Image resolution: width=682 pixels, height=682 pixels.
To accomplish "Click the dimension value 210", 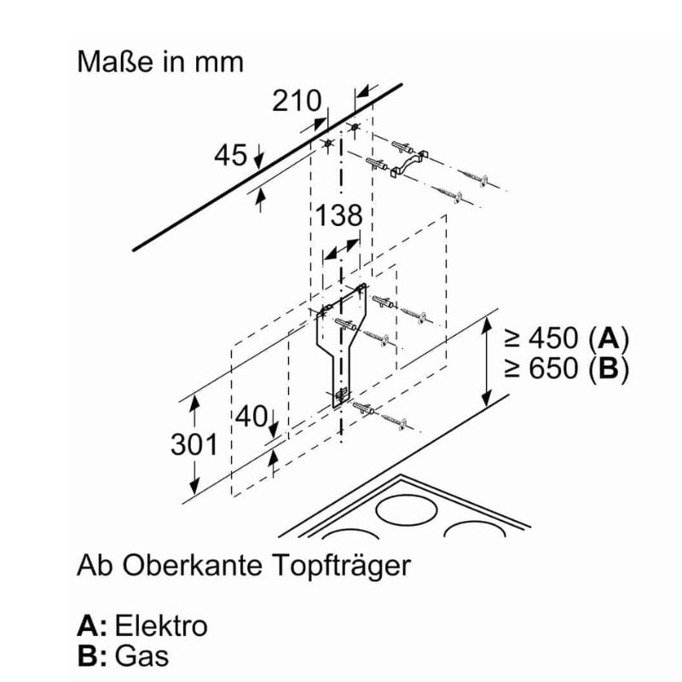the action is point(297,101).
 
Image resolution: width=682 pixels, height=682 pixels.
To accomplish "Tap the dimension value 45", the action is point(230,155).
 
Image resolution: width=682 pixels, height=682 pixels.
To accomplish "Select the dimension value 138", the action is point(338,215).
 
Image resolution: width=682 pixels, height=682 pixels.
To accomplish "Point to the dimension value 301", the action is point(194,444).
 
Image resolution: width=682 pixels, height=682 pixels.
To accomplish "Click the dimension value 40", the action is point(251,416).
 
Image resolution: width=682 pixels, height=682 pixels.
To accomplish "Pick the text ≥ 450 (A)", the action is point(567,338).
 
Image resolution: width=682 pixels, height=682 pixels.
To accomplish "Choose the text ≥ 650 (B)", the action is point(567,368).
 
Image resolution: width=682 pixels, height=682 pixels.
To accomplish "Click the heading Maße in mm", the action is point(160,62).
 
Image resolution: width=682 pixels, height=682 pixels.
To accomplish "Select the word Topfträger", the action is point(342,566).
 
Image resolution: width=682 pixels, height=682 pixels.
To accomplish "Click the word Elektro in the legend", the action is point(161,627).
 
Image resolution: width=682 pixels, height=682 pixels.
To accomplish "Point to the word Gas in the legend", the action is point(142,656).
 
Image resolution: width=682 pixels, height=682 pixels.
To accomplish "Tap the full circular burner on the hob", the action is point(407,510).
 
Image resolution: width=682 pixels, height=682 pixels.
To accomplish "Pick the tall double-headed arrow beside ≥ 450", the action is point(487,361).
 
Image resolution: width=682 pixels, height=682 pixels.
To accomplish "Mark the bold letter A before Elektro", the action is point(89,627).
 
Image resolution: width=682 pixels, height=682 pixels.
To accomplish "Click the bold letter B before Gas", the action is point(88,656).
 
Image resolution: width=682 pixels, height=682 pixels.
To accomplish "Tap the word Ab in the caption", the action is point(95,565).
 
